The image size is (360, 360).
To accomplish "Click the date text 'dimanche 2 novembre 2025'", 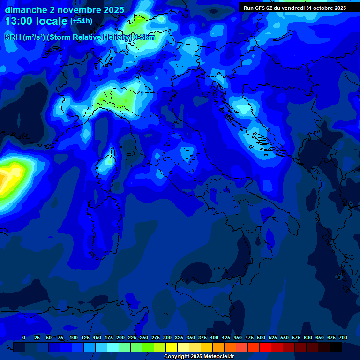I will [x=64, y=10].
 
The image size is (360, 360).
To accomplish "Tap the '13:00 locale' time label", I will [x=37, y=21].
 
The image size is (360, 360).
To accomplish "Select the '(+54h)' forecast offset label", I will [x=81, y=21].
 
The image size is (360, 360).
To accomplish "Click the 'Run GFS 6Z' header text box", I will [x=295, y=8].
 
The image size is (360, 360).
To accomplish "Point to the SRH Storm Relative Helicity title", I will [x=80, y=37].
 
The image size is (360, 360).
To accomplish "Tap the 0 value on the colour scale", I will [x=24, y=337].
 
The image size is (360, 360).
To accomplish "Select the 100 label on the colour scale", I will [x=74, y=337].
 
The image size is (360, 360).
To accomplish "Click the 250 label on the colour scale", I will [x=144, y=337].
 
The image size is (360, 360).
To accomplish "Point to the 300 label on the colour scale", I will [x=167, y=337].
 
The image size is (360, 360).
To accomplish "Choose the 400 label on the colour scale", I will [x=214, y=337].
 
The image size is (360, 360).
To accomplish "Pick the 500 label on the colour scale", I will [x=261, y=337].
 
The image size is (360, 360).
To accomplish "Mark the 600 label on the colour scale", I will [x=308, y=337].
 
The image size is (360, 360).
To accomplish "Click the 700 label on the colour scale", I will [x=343, y=337].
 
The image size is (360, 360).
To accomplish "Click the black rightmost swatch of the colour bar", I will [x=336, y=347].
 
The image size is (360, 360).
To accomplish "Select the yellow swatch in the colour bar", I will [x=172, y=347].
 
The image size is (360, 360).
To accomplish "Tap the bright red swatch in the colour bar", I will [x=265, y=347].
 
